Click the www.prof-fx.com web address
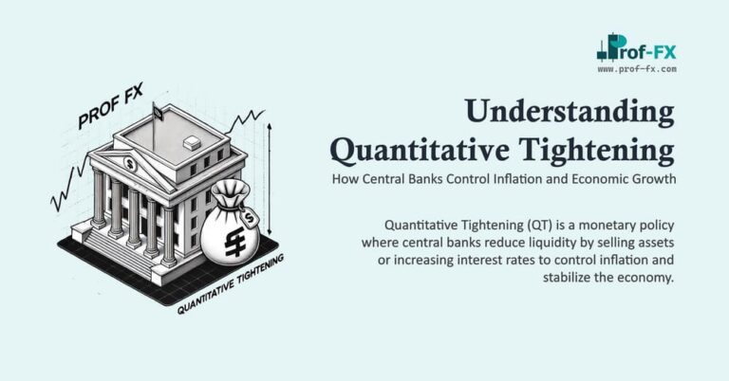tap(637, 68)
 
